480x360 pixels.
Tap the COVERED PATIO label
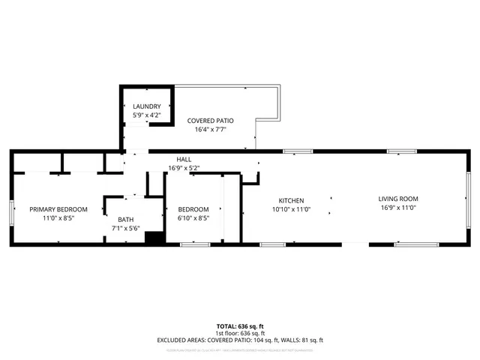pyautogui.click(x=211, y=120)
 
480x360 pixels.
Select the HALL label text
pyautogui.click(x=184, y=160)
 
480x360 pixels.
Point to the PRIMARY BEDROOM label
pyautogui.click(x=58, y=209)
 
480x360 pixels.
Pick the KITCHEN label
pyautogui.click(x=291, y=200)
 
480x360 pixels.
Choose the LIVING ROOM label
pyautogui.click(x=397, y=199)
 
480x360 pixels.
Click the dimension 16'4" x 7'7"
pyautogui.click(x=211, y=129)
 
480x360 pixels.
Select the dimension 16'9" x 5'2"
pyautogui.click(x=184, y=168)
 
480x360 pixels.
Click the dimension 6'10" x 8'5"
pyautogui.click(x=193, y=218)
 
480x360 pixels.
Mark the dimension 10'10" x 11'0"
pyautogui.click(x=291, y=209)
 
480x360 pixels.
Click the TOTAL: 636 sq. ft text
pyautogui.click(x=240, y=326)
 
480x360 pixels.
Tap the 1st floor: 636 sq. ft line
pyautogui.click(x=240, y=333)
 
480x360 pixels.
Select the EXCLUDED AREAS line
pyautogui.click(x=240, y=340)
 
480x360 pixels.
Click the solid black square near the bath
pyautogui.click(x=154, y=238)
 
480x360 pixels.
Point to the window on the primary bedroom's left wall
pyautogui.click(x=10, y=213)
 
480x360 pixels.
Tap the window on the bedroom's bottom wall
pyautogui.click(x=193, y=244)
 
